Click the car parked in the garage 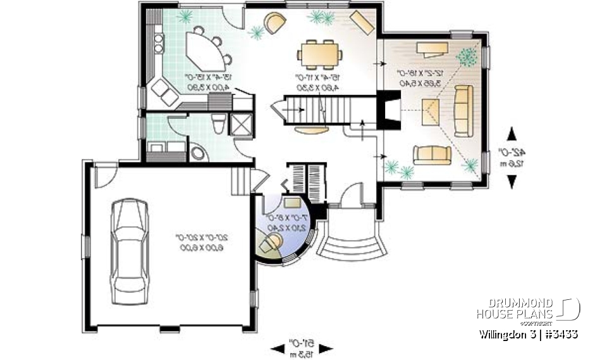(129, 252)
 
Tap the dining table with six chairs (319, 53)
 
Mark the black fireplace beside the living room (388, 111)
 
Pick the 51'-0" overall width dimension (302, 347)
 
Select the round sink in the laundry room (198, 152)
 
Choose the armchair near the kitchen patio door (275, 23)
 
